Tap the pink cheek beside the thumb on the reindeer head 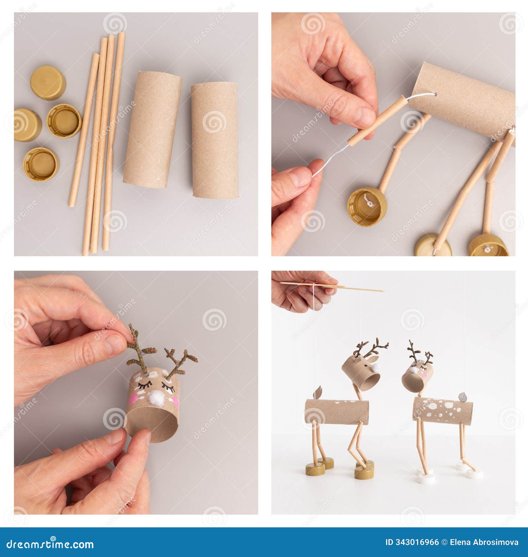tap(133, 399)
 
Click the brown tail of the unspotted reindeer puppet tap(317, 392)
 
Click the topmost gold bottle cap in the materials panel tap(48, 83)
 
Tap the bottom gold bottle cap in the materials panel tap(41, 164)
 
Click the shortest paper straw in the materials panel tap(84, 130)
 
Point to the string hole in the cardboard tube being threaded tap(434, 95)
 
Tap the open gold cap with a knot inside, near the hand tap(367, 207)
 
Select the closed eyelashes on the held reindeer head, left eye tap(144, 384)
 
